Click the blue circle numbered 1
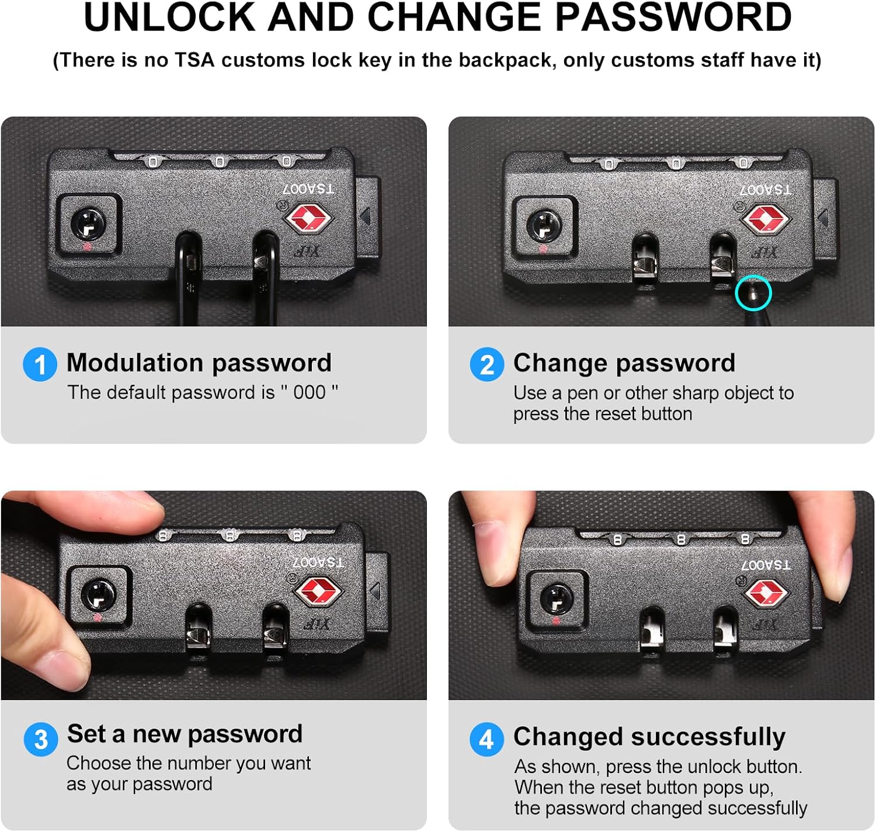tap(40, 364)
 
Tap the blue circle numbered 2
tap(487, 364)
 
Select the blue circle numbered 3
tap(41, 739)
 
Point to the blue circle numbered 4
tap(487, 739)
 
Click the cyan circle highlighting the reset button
tap(753, 293)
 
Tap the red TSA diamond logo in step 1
tap(308, 218)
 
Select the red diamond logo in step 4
tap(766, 593)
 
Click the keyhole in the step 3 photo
tap(99, 595)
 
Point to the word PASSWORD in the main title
tap(673, 18)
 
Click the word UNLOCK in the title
tap(169, 18)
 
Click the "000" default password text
tap(310, 393)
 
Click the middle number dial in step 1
tap(220, 161)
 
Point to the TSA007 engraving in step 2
tap(765, 189)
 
